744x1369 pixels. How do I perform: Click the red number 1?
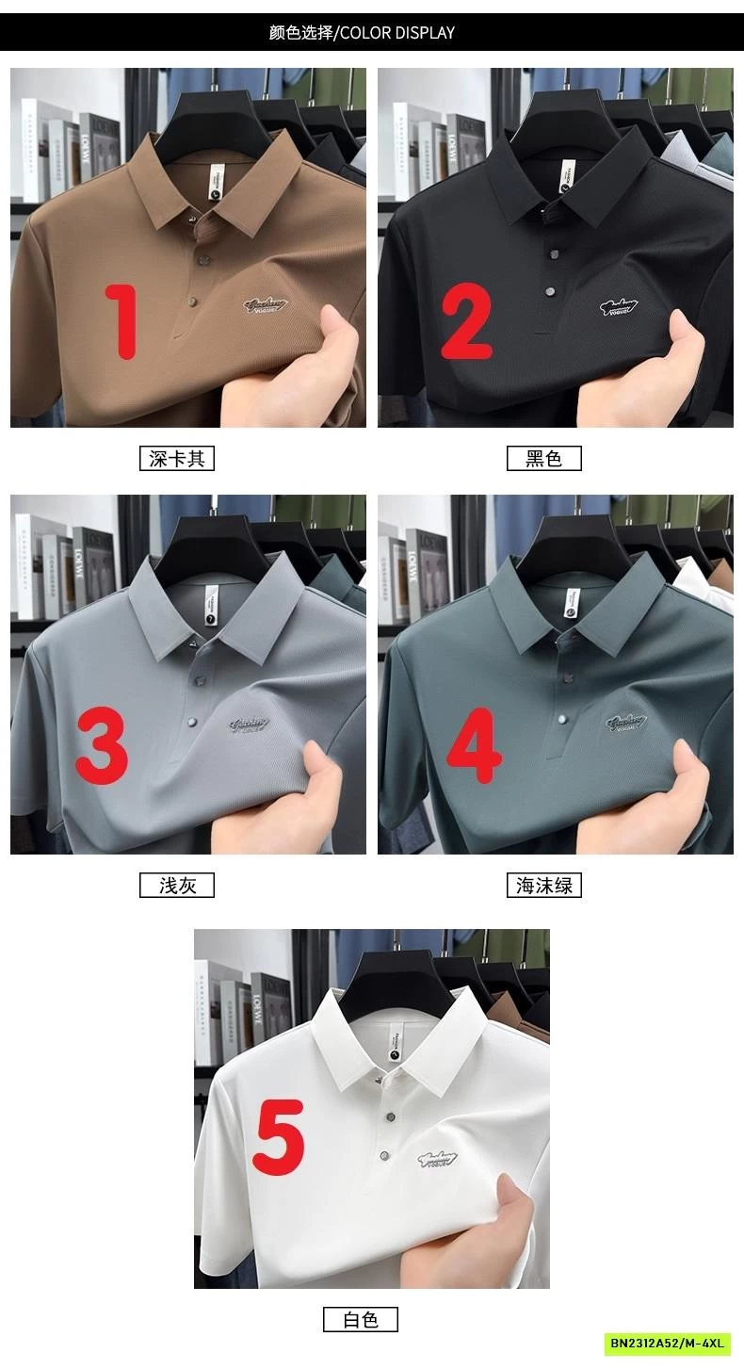tap(121, 321)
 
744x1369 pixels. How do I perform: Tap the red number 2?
tap(467, 321)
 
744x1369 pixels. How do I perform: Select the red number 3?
tap(101, 747)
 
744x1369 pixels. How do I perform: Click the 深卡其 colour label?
tap(177, 459)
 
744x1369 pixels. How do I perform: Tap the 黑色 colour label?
tap(543, 459)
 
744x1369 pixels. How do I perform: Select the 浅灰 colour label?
tap(177, 886)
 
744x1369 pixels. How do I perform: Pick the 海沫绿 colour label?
tap(543, 886)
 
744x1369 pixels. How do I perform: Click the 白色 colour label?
tap(361, 1320)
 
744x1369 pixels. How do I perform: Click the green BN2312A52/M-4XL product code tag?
tap(668, 1343)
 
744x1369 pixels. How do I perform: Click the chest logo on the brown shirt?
tap(263, 305)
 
